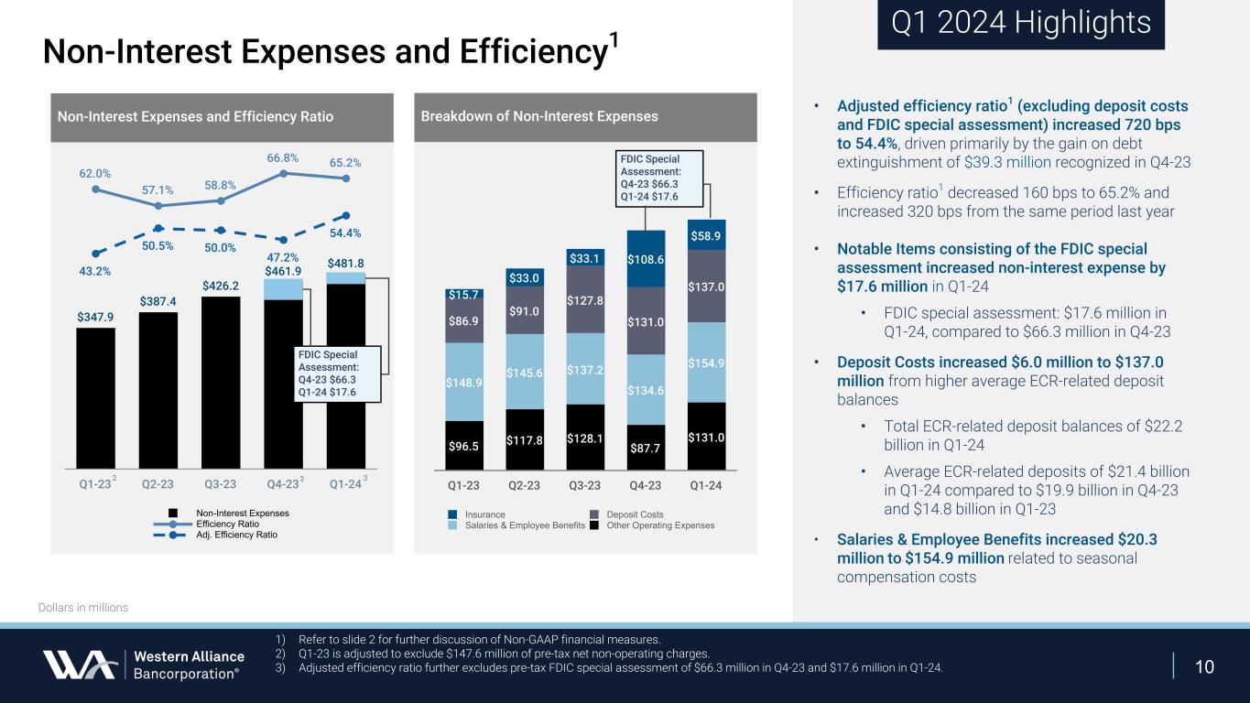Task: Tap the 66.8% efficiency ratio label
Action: coord(284,157)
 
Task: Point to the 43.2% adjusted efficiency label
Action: coord(95,271)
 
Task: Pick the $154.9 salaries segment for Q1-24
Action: coord(707,362)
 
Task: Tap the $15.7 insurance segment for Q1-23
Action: coord(464,294)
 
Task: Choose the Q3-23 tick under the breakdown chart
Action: coord(585,485)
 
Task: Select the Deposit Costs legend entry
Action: coord(634,514)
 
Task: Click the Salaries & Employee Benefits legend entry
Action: coord(524,525)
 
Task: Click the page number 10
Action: coord(1205,666)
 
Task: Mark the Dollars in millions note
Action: coord(83,608)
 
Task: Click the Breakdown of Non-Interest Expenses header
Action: coord(539,116)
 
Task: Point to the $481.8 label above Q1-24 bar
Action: coord(346,264)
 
